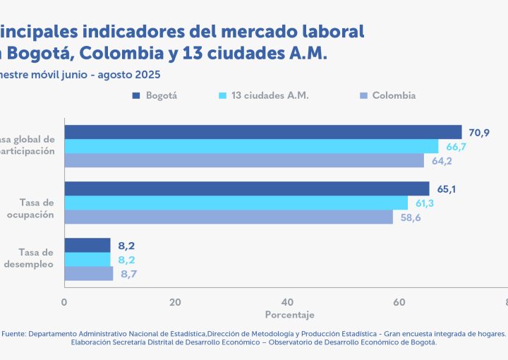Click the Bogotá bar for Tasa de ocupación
247,188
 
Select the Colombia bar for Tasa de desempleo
89,273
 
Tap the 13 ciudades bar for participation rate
251,146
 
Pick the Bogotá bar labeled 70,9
263,132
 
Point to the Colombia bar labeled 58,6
229,217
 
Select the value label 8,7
130,273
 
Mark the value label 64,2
442,160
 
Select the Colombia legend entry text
394,95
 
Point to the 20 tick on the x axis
175,302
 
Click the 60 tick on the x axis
399,302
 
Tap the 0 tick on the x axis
64,302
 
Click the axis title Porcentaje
289,314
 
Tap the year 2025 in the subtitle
147,74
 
